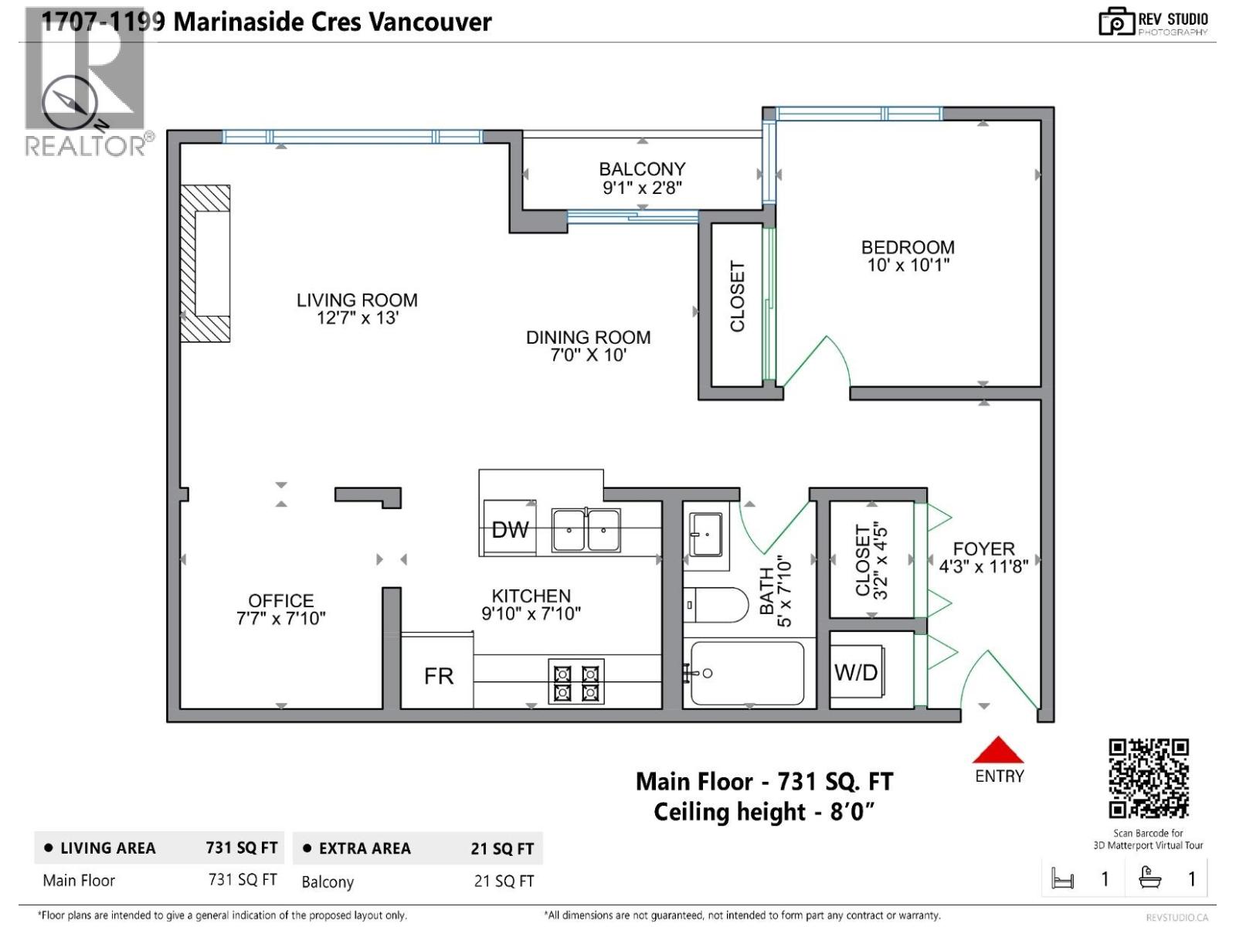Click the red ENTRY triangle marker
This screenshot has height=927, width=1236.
[997, 750]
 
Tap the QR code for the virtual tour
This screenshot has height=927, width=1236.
[1149, 778]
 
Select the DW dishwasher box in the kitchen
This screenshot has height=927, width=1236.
[510, 529]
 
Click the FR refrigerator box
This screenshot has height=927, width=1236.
[438, 676]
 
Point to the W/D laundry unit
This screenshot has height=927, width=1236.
[856, 672]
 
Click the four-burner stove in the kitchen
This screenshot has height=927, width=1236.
[576, 681]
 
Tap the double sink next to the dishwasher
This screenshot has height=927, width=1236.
[586, 530]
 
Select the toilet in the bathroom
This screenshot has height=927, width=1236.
[715, 605]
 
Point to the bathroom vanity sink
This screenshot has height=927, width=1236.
[705, 534]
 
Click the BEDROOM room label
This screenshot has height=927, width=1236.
[908, 247]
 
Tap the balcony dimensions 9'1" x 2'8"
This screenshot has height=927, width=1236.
[642, 188]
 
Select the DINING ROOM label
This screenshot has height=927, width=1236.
[588, 338]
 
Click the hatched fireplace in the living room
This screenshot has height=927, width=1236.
[205, 263]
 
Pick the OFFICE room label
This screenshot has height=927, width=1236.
[280, 600]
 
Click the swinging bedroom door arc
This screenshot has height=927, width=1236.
[820, 359]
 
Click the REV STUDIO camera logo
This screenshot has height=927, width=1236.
[1115, 22]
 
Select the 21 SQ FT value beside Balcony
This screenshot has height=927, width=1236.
[504, 881]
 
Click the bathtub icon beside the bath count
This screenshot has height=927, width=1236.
[1150, 878]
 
